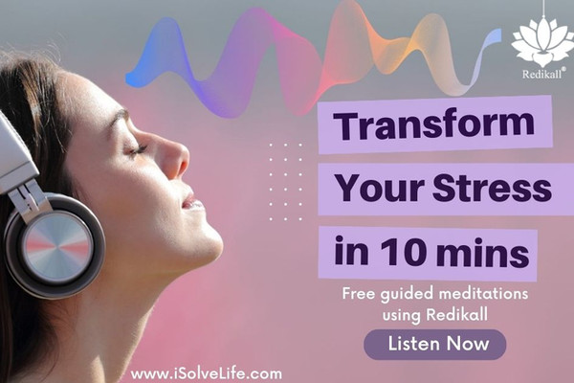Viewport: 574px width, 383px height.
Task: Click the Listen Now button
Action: point(435,344)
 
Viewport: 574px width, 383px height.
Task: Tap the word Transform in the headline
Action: point(434,124)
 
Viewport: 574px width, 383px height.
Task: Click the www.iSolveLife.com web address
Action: point(207,373)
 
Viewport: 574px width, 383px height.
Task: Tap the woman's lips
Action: point(189,200)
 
